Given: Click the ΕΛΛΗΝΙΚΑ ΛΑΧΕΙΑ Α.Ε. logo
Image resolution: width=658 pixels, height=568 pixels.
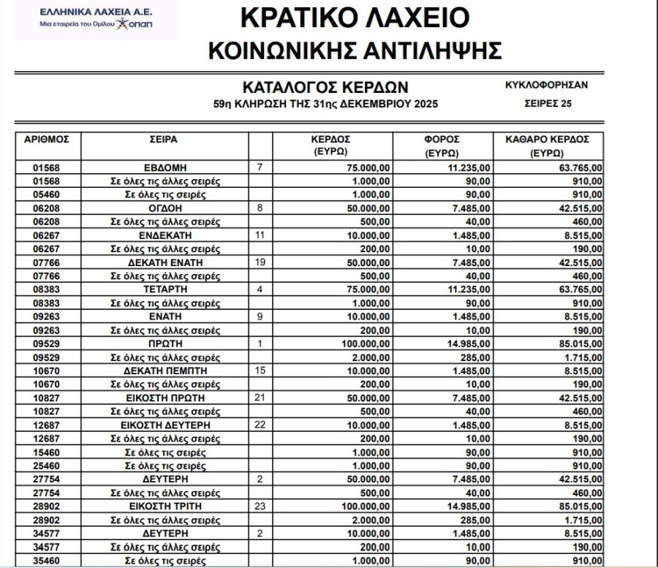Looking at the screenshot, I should pos(94,19).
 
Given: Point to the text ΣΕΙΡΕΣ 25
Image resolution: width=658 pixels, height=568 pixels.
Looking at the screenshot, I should pos(548,104).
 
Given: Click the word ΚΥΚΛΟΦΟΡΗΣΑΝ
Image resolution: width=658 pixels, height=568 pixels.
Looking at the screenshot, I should pos(547,85).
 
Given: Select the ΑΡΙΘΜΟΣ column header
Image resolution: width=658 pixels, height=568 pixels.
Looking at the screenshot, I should pos(47,139).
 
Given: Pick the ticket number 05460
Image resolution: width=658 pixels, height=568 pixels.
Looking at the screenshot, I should pos(47,194).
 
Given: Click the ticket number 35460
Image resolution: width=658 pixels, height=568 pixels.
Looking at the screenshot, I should pos(47,561).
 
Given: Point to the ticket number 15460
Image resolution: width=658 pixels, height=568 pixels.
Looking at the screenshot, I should pos(47,452).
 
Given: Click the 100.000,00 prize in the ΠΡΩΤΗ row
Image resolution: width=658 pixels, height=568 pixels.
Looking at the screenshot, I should pos(366,344).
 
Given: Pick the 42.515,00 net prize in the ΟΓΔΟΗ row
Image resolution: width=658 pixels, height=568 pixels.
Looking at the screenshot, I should pos(578,208).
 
